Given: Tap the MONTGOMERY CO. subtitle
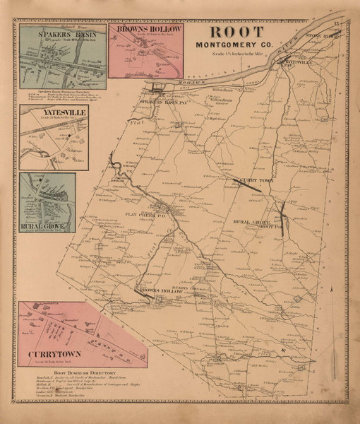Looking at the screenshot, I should (234, 46).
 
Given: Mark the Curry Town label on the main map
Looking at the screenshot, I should (251, 180).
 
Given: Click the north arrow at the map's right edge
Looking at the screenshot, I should (330, 288).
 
